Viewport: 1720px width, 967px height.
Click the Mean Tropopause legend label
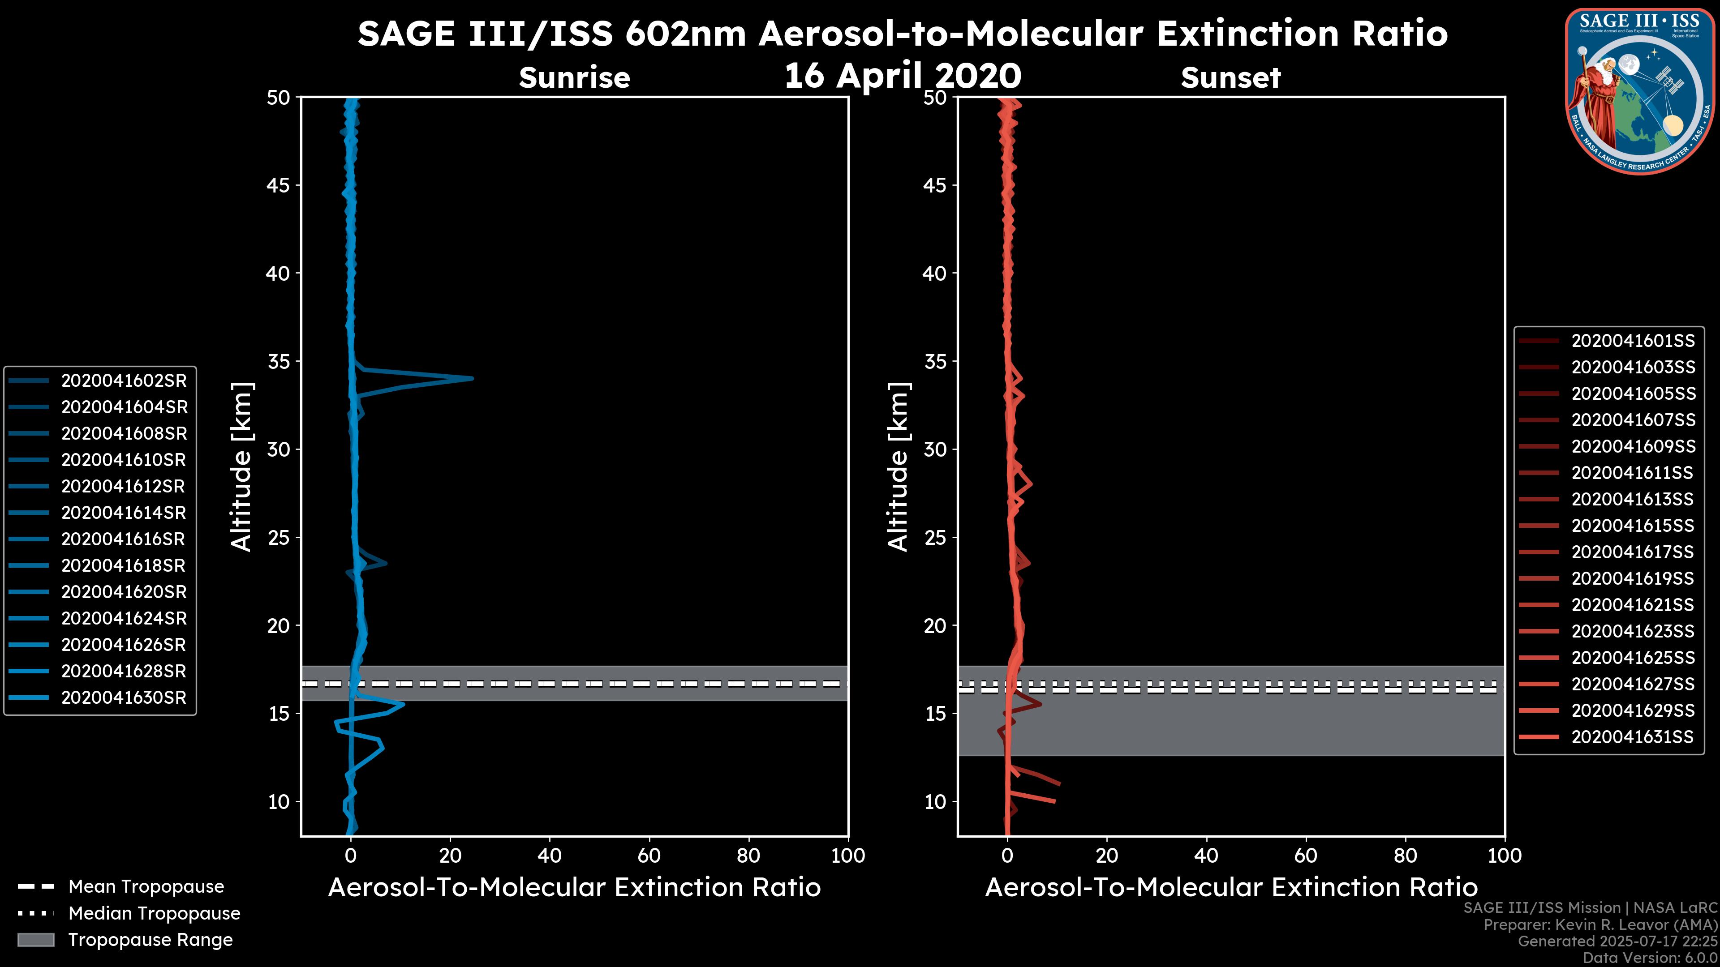(146, 886)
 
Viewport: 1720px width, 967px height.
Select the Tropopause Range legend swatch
(35, 940)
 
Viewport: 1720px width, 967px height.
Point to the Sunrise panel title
(574, 77)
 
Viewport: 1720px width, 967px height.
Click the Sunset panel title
(1230, 77)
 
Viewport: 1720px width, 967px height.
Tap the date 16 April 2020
(902, 75)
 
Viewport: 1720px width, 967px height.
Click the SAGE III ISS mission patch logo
(1640, 91)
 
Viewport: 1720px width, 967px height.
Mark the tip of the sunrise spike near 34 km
(472, 378)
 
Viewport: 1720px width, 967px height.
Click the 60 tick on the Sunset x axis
(1305, 856)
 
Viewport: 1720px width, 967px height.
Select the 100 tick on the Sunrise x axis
(848, 856)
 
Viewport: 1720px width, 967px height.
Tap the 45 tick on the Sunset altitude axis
(935, 185)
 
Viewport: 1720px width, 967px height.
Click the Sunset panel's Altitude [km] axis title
(898, 467)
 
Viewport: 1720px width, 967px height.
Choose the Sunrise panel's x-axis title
(574, 888)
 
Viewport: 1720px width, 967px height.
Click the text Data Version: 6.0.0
(1650, 958)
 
